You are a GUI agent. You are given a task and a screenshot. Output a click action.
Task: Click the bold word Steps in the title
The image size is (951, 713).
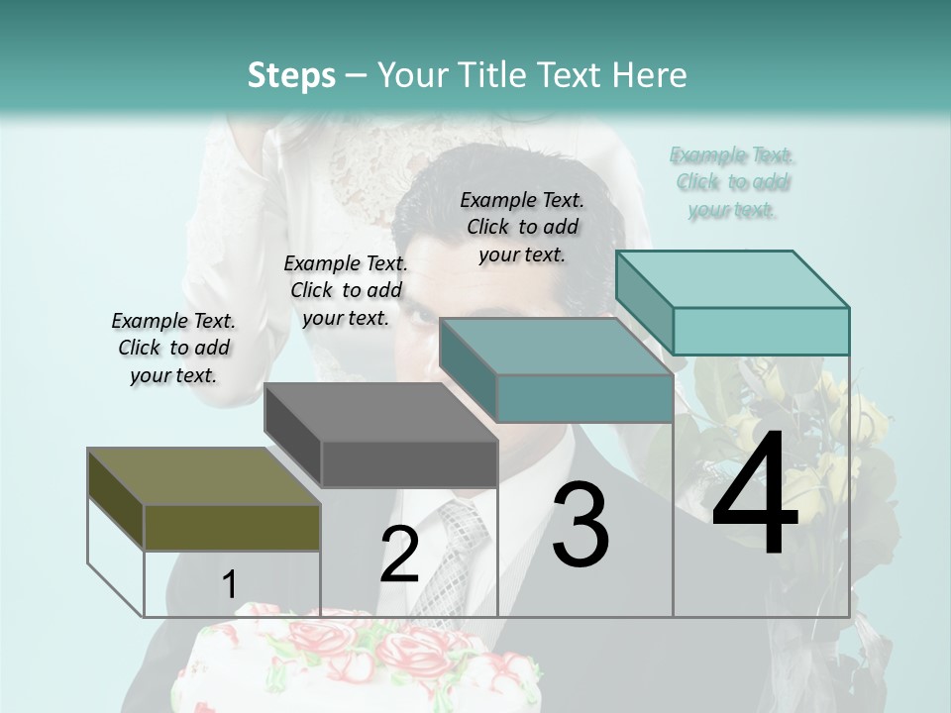pyautogui.click(x=291, y=75)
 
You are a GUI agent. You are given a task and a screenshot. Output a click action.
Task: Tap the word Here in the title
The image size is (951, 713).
pyautogui.click(x=650, y=75)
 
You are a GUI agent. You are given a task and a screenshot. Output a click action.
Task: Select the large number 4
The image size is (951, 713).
pyautogui.click(x=755, y=494)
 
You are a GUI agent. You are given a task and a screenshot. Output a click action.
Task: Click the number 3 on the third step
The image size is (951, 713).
pyautogui.click(x=581, y=525)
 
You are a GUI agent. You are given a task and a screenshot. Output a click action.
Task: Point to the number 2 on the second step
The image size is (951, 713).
pyautogui.click(x=399, y=554)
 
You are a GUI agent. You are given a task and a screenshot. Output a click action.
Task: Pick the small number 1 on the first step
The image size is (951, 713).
pyautogui.click(x=229, y=584)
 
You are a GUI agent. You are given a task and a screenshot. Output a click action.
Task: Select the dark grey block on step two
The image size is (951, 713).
pyautogui.click(x=381, y=436)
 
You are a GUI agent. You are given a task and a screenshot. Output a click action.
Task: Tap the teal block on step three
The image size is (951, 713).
pyautogui.click(x=555, y=371)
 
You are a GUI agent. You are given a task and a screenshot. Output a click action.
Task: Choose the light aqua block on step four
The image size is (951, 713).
pyautogui.click(x=733, y=302)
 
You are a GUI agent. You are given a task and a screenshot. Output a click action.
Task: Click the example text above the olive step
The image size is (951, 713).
pyautogui.click(x=173, y=348)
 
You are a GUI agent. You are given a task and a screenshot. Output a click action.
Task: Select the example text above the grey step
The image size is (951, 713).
pyautogui.click(x=346, y=290)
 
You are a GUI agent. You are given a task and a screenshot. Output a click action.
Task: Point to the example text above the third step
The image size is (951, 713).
pyautogui.click(x=522, y=227)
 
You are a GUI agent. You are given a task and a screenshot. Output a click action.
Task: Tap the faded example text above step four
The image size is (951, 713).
pyautogui.click(x=732, y=182)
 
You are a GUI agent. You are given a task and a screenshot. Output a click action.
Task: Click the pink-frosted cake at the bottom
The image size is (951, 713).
pyautogui.click(x=357, y=663)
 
